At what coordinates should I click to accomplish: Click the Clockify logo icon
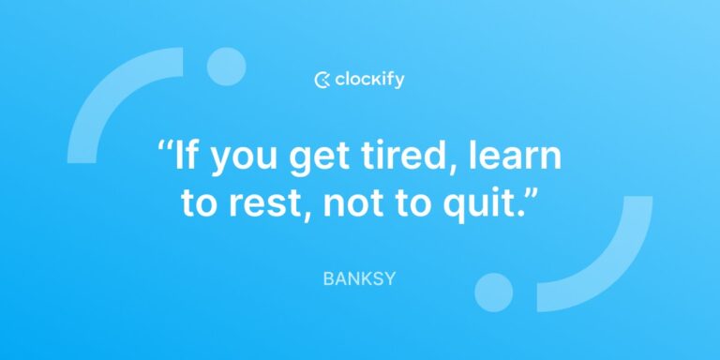tap(322, 80)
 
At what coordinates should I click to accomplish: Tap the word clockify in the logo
tap(369, 80)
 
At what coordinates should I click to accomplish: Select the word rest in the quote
tap(259, 203)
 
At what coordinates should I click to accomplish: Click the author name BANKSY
tap(359, 278)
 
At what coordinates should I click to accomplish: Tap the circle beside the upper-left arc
tap(226, 67)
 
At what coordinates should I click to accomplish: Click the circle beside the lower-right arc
tap(494, 292)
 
